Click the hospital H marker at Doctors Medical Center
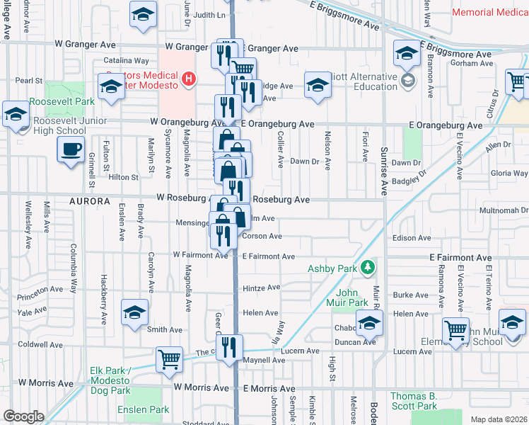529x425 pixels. tap(188, 79)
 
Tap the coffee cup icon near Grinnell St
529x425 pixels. tap(70, 150)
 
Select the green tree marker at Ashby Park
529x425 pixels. tap(367, 268)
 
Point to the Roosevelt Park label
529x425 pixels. tap(64, 101)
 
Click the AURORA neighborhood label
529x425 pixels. tap(90, 201)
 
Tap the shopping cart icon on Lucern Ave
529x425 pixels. tap(169, 358)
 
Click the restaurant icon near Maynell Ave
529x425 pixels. tap(229, 347)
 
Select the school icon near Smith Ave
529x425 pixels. tap(135, 312)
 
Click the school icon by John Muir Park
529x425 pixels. tap(369, 324)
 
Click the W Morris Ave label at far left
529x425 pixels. tap(47, 383)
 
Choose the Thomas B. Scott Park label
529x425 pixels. tap(414, 401)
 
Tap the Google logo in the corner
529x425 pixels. tap(23, 416)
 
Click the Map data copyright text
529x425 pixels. tap(498, 419)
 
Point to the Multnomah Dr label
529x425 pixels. tap(504, 210)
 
